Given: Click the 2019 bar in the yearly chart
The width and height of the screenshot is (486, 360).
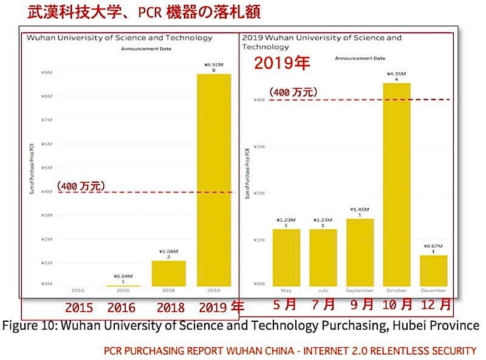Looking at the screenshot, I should [x=214, y=180].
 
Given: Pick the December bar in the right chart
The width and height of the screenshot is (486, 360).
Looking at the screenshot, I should [x=434, y=271].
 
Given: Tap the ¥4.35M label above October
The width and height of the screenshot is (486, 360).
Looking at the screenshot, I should [x=396, y=73].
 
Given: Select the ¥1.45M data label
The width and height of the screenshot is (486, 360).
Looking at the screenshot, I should [x=360, y=209].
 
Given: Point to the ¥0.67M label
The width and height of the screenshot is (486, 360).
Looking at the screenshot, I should [x=433, y=245].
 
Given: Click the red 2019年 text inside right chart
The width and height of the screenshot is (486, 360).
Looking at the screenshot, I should [x=281, y=63].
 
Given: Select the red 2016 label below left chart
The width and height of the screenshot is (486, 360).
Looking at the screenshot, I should [x=121, y=307].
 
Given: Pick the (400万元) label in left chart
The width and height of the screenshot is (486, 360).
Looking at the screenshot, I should [x=81, y=186].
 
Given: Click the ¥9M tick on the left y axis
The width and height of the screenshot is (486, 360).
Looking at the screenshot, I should [x=46, y=73].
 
